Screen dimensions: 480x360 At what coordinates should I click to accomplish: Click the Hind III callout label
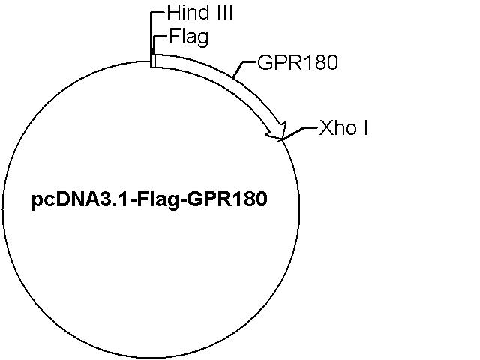coord(200,13)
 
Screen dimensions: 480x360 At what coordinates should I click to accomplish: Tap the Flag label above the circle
coord(189,37)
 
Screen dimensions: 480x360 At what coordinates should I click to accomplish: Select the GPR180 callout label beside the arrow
coord(298,62)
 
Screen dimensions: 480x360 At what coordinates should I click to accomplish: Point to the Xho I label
coord(343,127)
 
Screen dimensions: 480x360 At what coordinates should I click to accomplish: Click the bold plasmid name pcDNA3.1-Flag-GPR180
coord(150,199)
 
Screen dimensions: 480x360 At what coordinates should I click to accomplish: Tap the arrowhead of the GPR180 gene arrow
coord(277,132)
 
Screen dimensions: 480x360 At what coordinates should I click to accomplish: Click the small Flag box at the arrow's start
coord(154,61)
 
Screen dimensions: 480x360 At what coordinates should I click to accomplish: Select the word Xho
coord(338,127)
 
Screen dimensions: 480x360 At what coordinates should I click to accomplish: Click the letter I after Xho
coord(365,127)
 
